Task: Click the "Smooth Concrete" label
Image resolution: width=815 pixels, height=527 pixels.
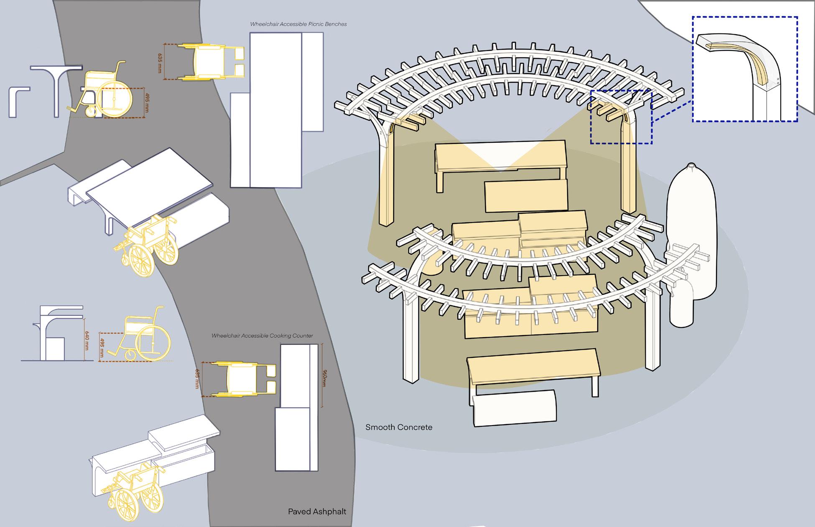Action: click(x=399, y=427)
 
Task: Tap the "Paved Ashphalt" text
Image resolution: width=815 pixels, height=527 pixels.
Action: click(x=317, y=512)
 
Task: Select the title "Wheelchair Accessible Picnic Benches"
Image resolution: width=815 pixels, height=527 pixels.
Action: click(x=298, y=24)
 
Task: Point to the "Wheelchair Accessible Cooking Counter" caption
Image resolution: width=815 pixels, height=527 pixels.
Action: click(x=262, y=336)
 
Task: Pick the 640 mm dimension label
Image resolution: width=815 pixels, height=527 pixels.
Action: click(x=87, y=340)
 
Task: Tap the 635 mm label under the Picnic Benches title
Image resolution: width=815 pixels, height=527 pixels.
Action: click(x=160, y=63)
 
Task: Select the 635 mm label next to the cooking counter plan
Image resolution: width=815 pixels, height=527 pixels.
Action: click(x=197, y=379)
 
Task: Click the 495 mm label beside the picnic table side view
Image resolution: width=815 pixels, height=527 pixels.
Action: click(x=147, y=103)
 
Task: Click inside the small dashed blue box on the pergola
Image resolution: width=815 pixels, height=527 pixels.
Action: click(x=621, y=117)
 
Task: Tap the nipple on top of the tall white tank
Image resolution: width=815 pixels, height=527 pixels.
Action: click(x=690, y=165)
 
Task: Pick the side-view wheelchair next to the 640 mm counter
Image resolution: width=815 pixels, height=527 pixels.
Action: click(x=142, y=334)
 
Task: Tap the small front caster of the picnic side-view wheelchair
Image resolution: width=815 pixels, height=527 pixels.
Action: click(x=91, y=111)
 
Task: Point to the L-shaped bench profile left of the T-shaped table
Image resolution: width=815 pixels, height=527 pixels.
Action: click(x=17, y=100)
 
